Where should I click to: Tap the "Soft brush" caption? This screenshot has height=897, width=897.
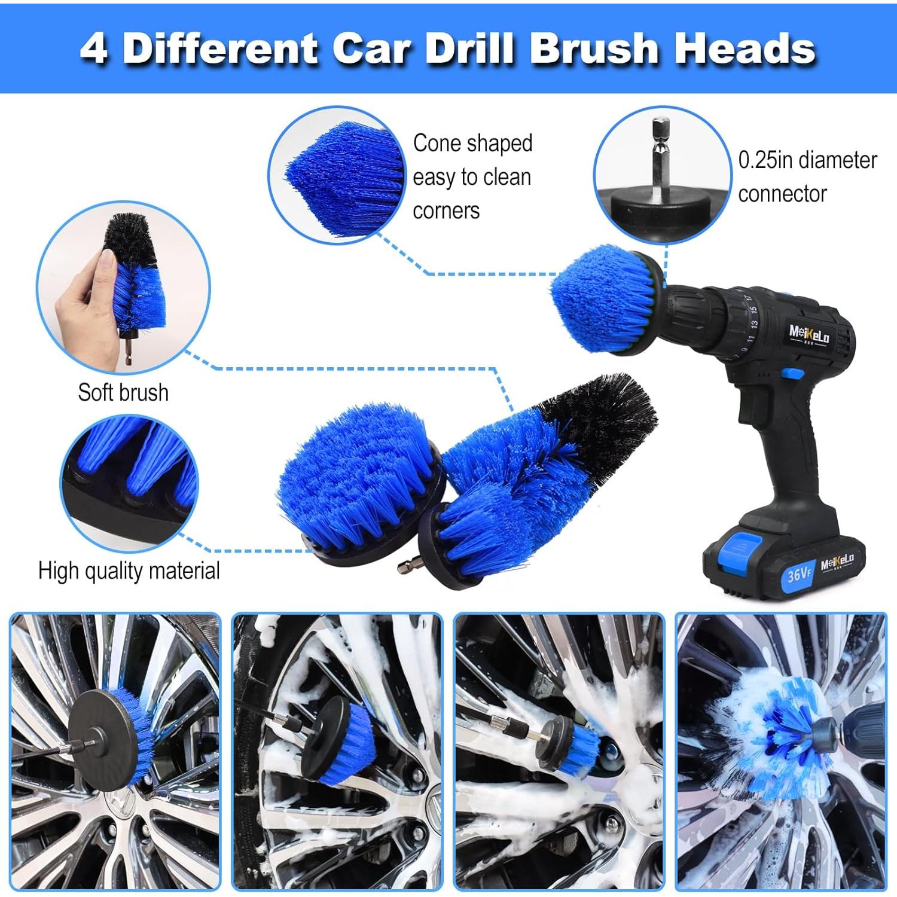click(123, 393)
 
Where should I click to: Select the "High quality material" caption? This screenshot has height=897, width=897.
click(129, 571)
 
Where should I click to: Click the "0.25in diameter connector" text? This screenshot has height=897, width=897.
click(807, 177)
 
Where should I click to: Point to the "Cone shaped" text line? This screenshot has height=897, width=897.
click(472, 144)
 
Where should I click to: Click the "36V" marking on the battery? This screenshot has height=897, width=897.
click(798, 575)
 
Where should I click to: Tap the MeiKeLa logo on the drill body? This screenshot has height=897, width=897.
click(809, 334)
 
